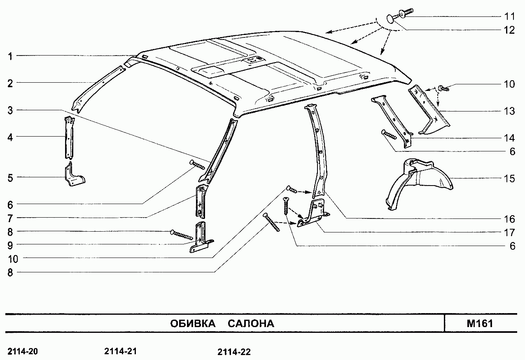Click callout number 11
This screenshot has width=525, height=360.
[x=509, y=16]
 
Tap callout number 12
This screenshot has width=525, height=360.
[x=509, y=30]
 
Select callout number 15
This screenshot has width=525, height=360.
[x=509, y=179]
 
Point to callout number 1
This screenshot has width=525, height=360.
[x=10, y=56]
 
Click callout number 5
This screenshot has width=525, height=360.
[x=10, y=178]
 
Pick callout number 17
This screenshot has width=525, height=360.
[x=509, y=232]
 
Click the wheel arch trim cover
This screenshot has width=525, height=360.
[x=420, y=183]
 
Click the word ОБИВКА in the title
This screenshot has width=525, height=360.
[x=193, y=323]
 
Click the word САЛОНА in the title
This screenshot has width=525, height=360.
[x=251, y=323]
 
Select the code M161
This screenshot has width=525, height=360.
[x=480, y=323]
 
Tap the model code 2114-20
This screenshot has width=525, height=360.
[x=23, y=351]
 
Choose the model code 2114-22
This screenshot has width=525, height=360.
[x=234, y=352]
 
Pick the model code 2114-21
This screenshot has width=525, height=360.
[x=120, y=351]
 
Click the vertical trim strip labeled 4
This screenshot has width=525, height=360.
[x=69, y=138]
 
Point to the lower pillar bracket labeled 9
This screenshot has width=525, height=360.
[x=201, y=238]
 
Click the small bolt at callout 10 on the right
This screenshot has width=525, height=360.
[x=443, y=89]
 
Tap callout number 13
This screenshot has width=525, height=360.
[x=509, y=111]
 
